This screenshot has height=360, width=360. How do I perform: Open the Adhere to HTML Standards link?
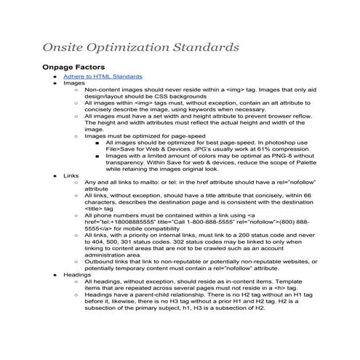point(103,76)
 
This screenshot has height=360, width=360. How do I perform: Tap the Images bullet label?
point(74,83)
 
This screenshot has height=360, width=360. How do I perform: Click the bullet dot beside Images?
point(56,84)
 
